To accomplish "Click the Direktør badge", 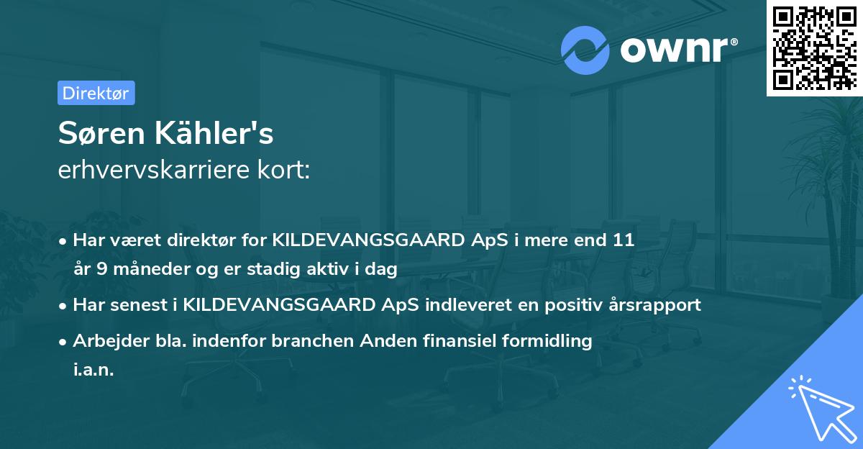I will (96, 93).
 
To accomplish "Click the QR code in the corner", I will (813, 47).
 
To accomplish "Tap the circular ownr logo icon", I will (585, 50).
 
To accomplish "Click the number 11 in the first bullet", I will (623, 240).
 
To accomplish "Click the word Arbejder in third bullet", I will (105, 341).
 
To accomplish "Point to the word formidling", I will (551, 341).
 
